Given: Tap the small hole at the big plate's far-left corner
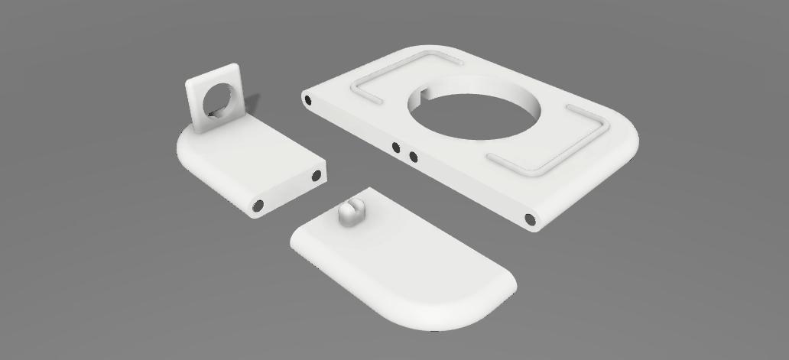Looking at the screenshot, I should tap(308, 99).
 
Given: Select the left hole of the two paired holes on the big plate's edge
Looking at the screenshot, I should tap(396, 148).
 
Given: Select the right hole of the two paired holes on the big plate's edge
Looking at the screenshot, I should tap(413, 157).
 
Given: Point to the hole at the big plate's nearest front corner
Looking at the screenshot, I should tap(531, 220).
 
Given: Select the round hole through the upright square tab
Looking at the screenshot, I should tap(219, 99).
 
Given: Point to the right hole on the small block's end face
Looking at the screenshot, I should tap(317, 177).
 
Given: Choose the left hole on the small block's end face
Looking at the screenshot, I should tap(258, 206).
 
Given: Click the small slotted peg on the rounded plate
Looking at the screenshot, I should tap(351, 213).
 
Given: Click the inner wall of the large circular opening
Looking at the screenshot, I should tap(489, 88).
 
